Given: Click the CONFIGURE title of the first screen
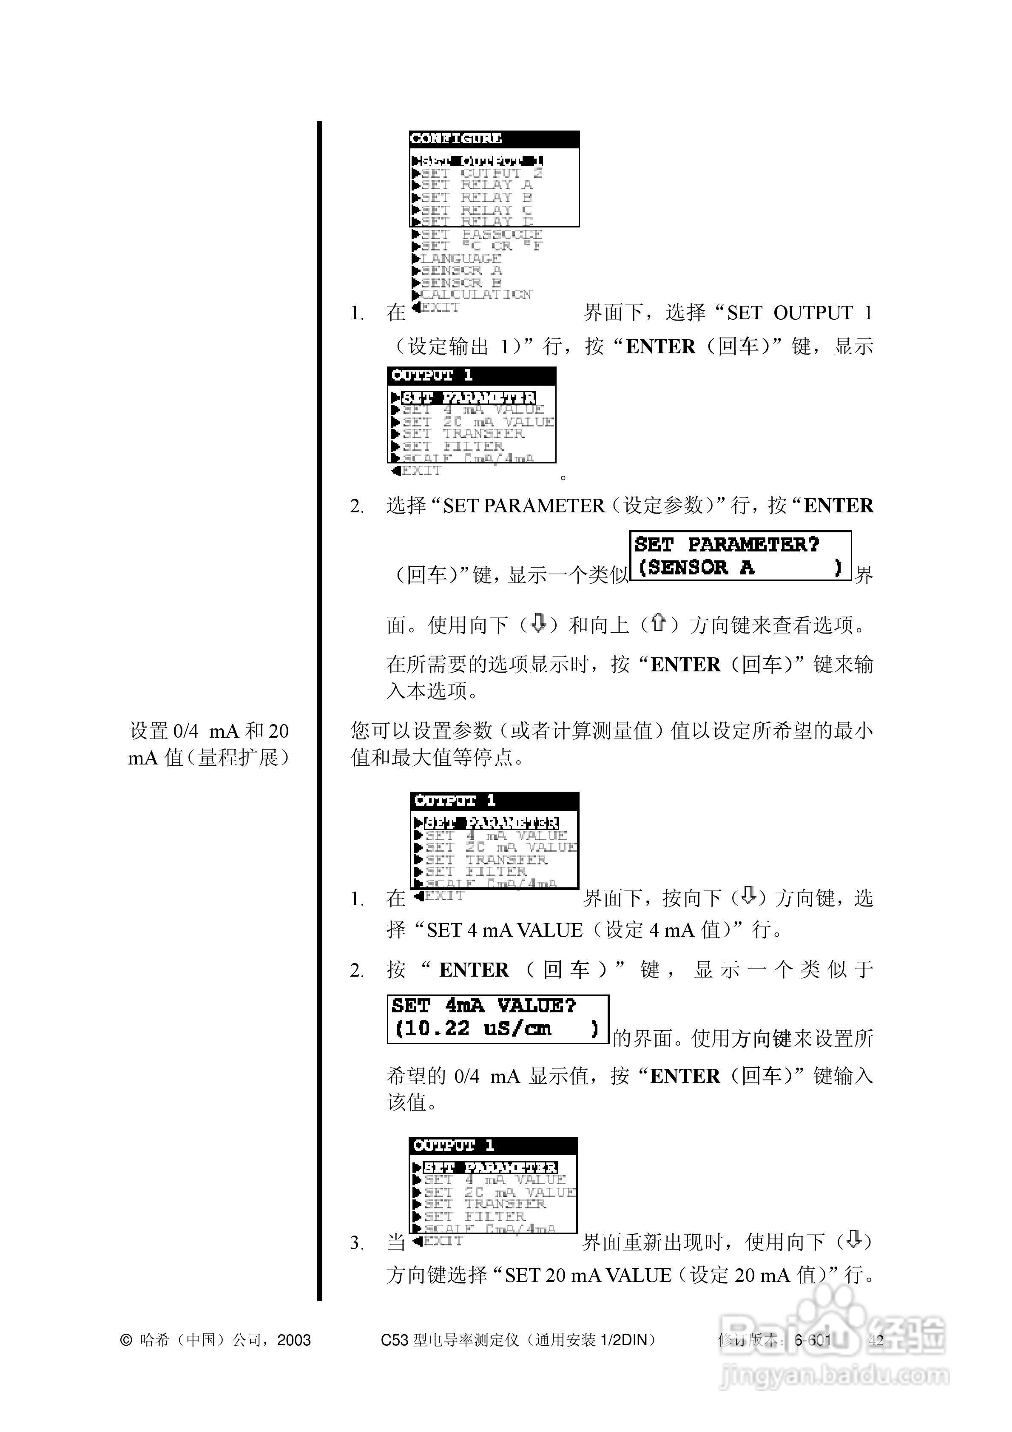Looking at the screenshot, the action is click(456, 139).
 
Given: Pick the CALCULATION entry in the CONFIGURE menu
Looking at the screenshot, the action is click(475, 294).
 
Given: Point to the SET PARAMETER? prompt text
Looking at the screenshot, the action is click(727, 545).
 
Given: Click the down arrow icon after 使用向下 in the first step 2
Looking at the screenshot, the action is click(538, 623).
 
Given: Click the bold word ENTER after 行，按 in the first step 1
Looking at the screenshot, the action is click(660, 347).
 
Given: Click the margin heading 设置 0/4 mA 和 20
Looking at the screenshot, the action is click(209, 731).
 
